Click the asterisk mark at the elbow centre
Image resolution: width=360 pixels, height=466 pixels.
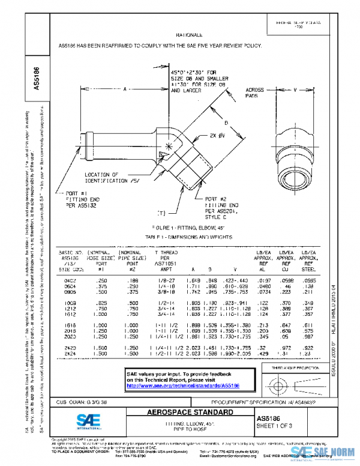pos(169,147)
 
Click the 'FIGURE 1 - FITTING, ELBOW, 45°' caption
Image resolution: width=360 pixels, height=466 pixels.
pos(186,229)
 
